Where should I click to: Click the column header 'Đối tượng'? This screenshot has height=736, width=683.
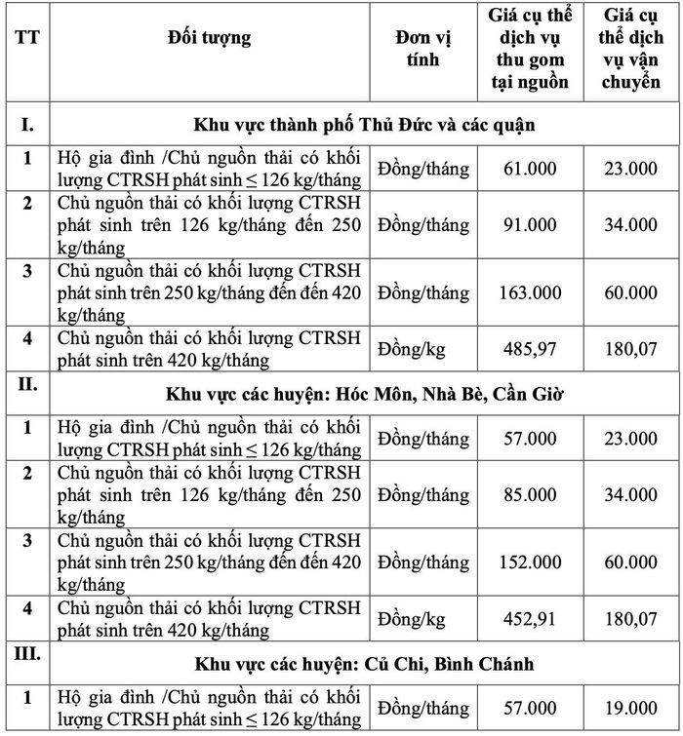(209, 39)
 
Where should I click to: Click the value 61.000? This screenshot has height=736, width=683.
(531, 170)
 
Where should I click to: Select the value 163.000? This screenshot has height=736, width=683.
(531, 292)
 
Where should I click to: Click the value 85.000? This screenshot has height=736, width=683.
(531, 495)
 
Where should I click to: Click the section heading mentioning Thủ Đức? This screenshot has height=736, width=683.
(364, 125)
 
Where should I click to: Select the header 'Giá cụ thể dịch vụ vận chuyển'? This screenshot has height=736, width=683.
(631, 49)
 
